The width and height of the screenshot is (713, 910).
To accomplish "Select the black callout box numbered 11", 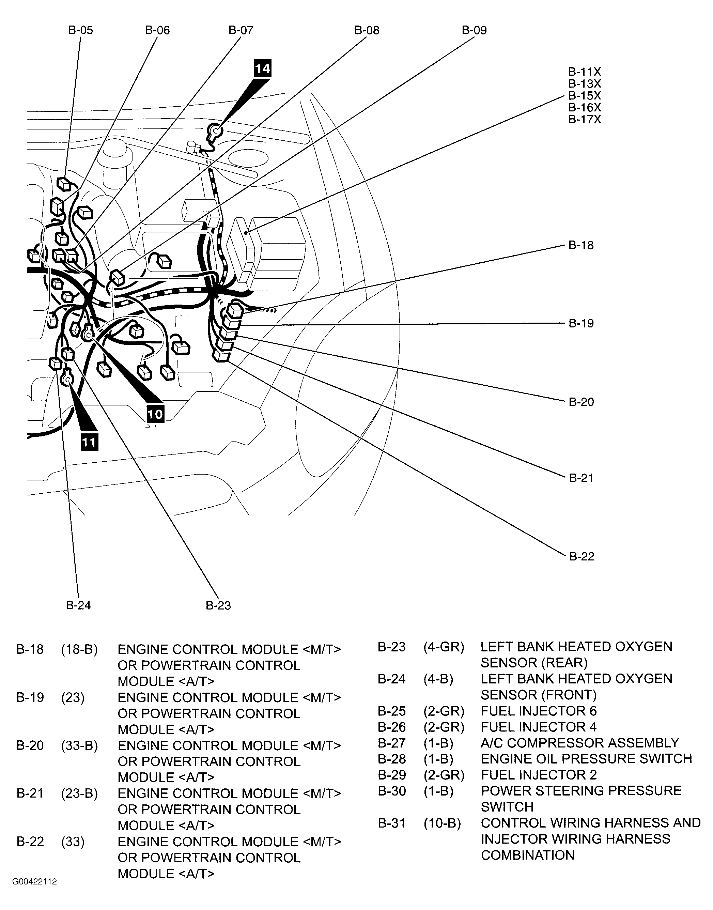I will [x=89, y=442].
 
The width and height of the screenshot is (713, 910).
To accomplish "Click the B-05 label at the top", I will [x=81, y=30].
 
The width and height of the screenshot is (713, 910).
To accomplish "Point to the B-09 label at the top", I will [x=474, y=30].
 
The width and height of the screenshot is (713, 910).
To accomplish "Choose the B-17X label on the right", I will [x=585, y=119].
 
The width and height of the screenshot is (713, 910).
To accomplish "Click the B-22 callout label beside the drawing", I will [x=582, y=556].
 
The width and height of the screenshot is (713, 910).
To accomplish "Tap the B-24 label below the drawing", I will [x=78, y=605].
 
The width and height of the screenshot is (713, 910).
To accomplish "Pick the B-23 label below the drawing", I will [x=218, y=605].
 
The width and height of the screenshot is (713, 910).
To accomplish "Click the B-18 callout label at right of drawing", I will [x=581, y=245].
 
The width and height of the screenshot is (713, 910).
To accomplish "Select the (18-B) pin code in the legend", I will [x=79, y=649].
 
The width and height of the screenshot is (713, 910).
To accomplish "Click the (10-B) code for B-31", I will [x=442, y=823].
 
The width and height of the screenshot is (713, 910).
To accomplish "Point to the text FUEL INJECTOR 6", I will [x=539, y=711].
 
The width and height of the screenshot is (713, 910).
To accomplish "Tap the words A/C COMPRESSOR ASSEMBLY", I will [x=580, y=743].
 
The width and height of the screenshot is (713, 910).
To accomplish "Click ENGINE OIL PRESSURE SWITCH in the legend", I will [x=586, y=758].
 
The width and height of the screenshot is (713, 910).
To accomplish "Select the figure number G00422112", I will [x=35, y=882].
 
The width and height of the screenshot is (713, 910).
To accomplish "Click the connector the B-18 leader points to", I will [x=235, y=311].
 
